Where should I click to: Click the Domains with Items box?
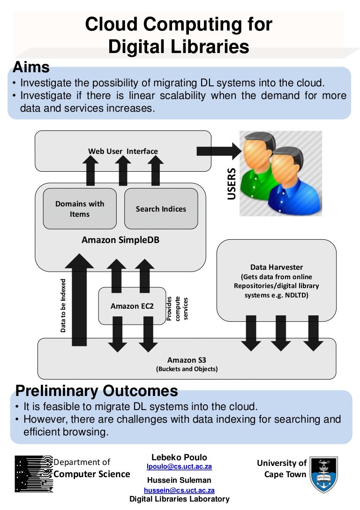click(80, 209)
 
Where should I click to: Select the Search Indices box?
click(161, 209)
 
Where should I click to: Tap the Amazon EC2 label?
click(132, 306)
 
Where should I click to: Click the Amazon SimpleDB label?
click(120, 240)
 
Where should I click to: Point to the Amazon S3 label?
click(187, 360)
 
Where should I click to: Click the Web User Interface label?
click(123, 151)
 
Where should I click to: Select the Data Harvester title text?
click(277, 267)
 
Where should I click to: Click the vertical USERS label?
click(232, 184)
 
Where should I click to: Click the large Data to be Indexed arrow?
click(79, 300)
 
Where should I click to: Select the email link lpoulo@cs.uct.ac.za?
click(179, 466)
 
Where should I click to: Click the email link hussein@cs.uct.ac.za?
click(179, 490)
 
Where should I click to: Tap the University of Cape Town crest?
click(325, 474)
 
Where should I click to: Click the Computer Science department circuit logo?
click(33, 473)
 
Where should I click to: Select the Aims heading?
click(31, 67)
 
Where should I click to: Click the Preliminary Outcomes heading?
click(97, 391)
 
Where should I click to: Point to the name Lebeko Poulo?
click(179, 457)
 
